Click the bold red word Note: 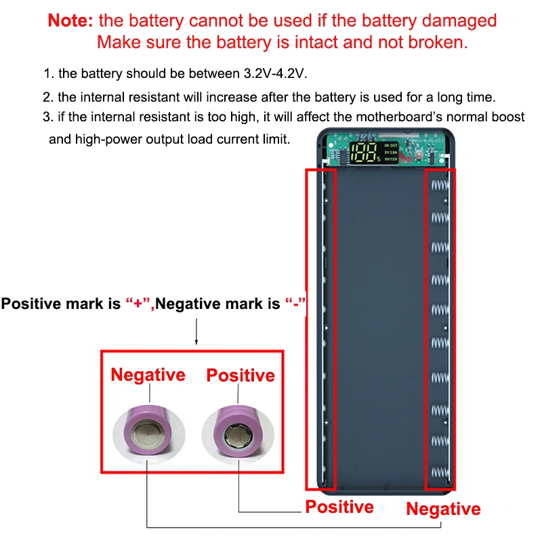click(x=70, y=20)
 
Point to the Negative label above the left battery click(x=148, y=375)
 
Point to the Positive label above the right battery click(x=241, y=375)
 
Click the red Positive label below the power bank click(x=339, y=507)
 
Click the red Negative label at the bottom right click(x=443, y=509)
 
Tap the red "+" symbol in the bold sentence click(x=138, y=304)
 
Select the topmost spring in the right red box click(x=441, y=185)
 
